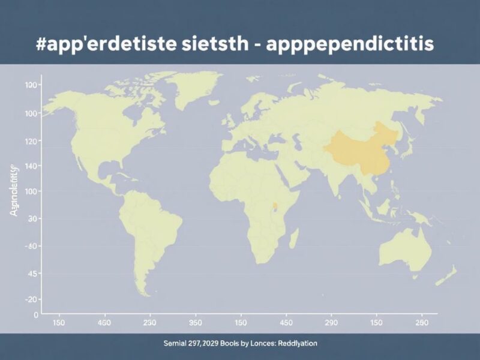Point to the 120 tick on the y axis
coord(31,141)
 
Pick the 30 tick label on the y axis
coord(33,219)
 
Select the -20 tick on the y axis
coord(31,299)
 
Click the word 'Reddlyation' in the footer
coord(294,344)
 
